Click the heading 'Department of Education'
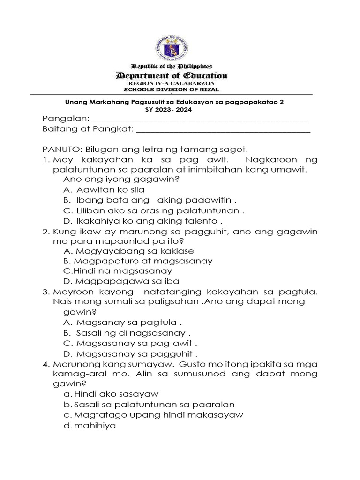tap(172, 75)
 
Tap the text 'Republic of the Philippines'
tap(172, 67)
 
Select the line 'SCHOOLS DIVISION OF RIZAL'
tap(171, 90)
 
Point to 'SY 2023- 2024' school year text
tap(171, 110)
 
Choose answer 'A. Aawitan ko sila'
tap(104, 190)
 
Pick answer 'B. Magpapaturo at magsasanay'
tap(137, 261)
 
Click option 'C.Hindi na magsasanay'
tap(117, 271)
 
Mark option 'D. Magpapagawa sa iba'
tap(121, 281)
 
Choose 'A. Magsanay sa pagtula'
tap(122, 322)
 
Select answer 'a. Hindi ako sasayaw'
tap(111, 394)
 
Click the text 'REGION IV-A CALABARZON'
tap(171, 83)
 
